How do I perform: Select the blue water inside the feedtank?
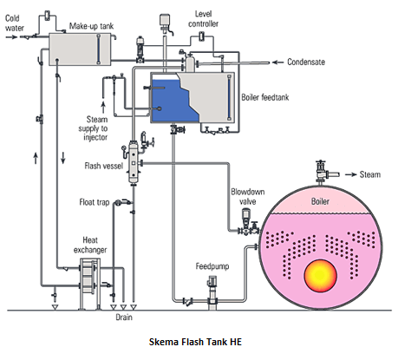(173, 100)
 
